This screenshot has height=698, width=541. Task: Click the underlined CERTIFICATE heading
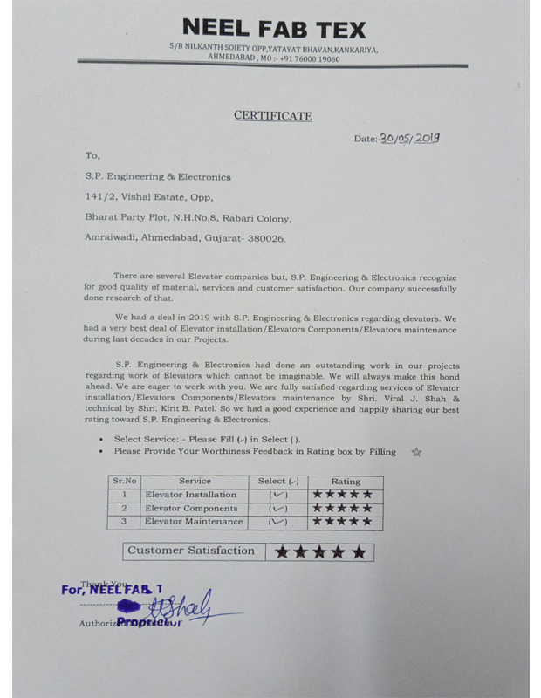coord(272,115)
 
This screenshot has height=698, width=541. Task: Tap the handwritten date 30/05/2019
coord(410,137)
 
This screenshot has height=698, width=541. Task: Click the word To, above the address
coord(92,154)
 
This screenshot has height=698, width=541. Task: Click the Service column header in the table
coord(195,481)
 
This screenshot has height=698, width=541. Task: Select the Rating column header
coord(346,481)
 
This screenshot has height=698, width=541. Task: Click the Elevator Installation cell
coord(190,494)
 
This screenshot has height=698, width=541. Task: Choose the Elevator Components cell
coord(190,508)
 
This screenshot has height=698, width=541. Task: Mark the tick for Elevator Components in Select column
coord(278,508)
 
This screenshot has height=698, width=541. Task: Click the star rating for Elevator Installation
coord(343,494)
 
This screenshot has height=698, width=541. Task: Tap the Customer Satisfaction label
coord(191,551)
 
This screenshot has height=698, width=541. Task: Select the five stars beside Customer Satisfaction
coord(320,551)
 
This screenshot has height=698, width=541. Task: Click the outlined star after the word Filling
coord(416,452)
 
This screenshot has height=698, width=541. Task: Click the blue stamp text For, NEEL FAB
coord(113,589)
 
